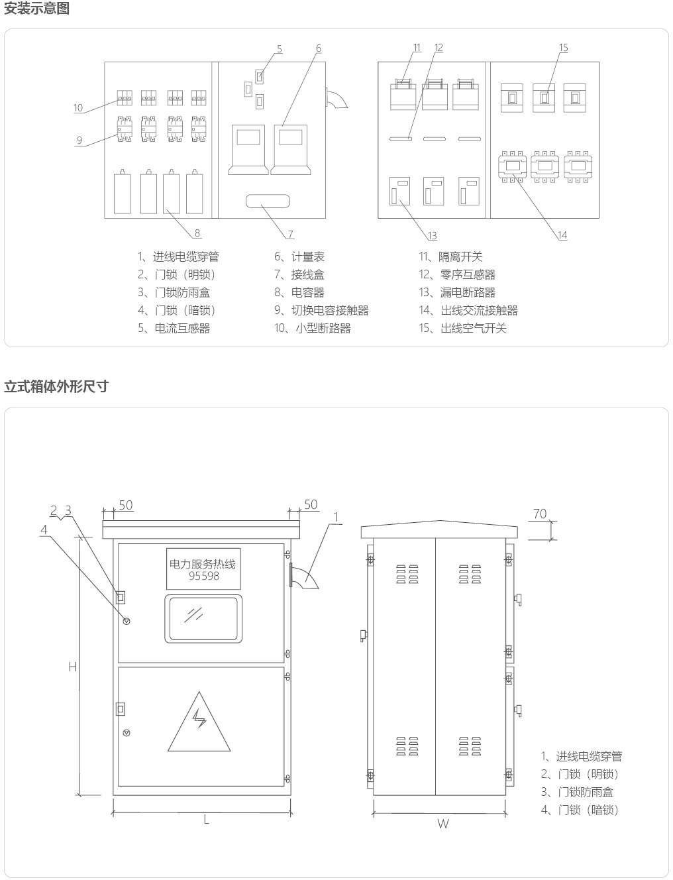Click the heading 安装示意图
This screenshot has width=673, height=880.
[x=37, y=9]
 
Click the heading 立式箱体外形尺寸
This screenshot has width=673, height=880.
[x=56, y=386]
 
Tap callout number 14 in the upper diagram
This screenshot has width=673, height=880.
[x=562, y=235]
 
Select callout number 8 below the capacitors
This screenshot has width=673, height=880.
[x=197, y=233]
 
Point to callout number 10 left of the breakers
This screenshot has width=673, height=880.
[x=78, y=108]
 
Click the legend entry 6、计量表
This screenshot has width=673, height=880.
[x=299, y=257]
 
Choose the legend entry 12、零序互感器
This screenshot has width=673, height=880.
[x=457, y=275]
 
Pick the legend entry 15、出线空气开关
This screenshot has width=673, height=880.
[x=462, y=328]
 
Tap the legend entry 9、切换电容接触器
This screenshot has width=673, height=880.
[x=321, y=310]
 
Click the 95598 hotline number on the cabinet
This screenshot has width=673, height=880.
[x=204, y=576]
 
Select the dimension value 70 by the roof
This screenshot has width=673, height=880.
[x=540, y=514]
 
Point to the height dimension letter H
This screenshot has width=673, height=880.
[x=73, y=667]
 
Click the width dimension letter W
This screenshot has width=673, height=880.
[x=443, y=824]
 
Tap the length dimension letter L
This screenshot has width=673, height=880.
[x=207, y=820]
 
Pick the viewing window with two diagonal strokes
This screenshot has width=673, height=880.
[x=203, y=618]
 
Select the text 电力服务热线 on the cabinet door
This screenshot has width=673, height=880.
[x=203, y=565]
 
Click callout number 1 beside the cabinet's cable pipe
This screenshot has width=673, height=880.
[x=336, y=517]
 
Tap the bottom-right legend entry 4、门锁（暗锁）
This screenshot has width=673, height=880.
[x=580, y=810]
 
